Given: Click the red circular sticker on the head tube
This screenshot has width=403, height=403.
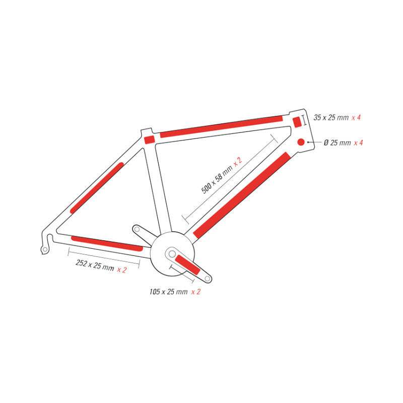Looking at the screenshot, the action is pyautogui.click(x=301, y=142).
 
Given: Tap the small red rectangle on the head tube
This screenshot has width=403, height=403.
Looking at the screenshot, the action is pyautogui.click(x=297, y=122).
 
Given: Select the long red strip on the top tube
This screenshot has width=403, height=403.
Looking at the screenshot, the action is pyautogui.click(x=221, y=126).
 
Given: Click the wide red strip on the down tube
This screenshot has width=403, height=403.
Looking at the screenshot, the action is pyautogui.click(x=241, y=195).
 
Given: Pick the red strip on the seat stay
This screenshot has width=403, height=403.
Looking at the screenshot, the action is pyautogui.click(x=97, y=188).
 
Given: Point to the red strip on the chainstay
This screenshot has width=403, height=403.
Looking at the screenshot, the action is pyautogui.click(x=107, y=243).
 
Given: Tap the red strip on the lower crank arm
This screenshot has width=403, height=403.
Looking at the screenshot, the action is pyautogui.click(x=187, y=264).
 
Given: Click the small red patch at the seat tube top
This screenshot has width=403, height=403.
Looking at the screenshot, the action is pyautogui.click(x=149, y=140).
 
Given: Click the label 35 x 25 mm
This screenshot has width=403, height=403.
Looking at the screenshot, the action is pyautogui.click(x=331, y=117).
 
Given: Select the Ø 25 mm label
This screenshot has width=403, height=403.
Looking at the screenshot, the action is pyautogui.click(x=337, y=143).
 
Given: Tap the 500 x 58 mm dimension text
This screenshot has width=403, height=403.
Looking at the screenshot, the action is pyautogui.click(x=217, y=179).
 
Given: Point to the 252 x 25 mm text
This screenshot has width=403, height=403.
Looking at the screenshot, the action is pyautogui.click(x=95, y=265).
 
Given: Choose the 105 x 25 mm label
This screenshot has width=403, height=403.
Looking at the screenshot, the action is pyautogui.click(x=168, y=292).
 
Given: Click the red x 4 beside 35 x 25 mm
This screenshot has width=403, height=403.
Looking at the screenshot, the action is pyautogui.click(x=356, y=117).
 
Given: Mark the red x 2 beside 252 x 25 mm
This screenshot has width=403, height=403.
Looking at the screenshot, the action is pyautogui.click(x=122, y=270).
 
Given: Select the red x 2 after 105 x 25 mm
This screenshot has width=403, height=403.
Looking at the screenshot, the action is pyautogui.click(x=196, y=292).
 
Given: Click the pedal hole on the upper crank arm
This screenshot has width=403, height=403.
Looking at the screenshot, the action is pyautogui.click(x=137, y=229).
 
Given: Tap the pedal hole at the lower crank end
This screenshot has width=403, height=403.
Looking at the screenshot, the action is pyautogui.click(x=207, y=279).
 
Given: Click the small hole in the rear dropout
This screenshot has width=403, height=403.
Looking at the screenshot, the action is pyautogui.click(x=45, y=249).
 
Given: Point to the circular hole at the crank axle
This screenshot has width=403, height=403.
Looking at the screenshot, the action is pyautogui.click(x=172, y=254).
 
